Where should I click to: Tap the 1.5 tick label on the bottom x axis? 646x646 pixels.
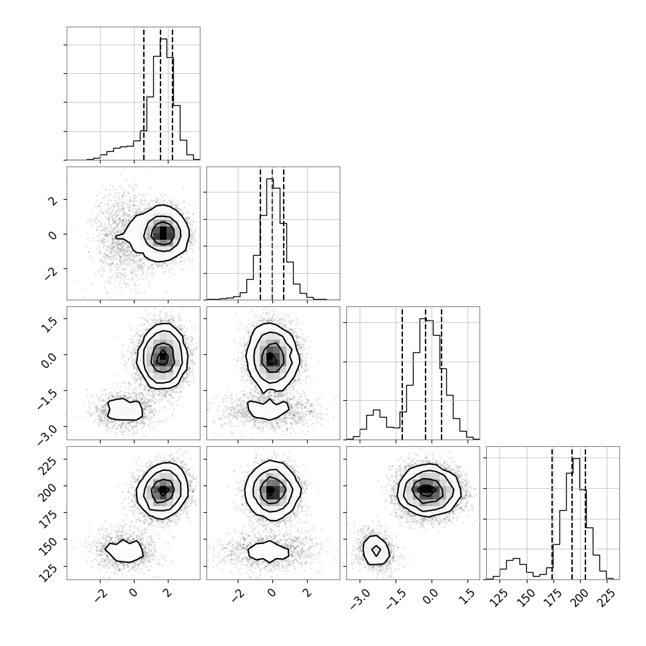(468, 595)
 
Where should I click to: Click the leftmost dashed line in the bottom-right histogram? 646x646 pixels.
(553, 513)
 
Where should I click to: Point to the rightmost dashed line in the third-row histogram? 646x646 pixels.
(442, 373)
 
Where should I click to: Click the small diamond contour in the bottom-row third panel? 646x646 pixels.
(376, 550)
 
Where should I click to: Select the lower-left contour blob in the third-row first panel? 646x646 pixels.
(125, 409)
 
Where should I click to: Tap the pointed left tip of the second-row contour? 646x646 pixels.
(116, 236)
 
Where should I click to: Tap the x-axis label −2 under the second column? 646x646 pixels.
(238, 595)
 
